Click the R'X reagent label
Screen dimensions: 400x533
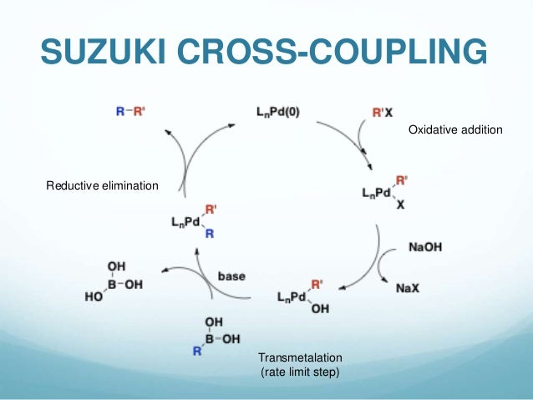(383, 110)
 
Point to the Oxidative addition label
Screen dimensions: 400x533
(454, 131)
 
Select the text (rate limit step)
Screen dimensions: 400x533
(301, 372)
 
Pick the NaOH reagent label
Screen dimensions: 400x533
(426, 247)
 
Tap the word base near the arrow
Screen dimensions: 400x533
(231, 276)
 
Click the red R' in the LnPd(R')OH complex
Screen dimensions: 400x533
(317, 284)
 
